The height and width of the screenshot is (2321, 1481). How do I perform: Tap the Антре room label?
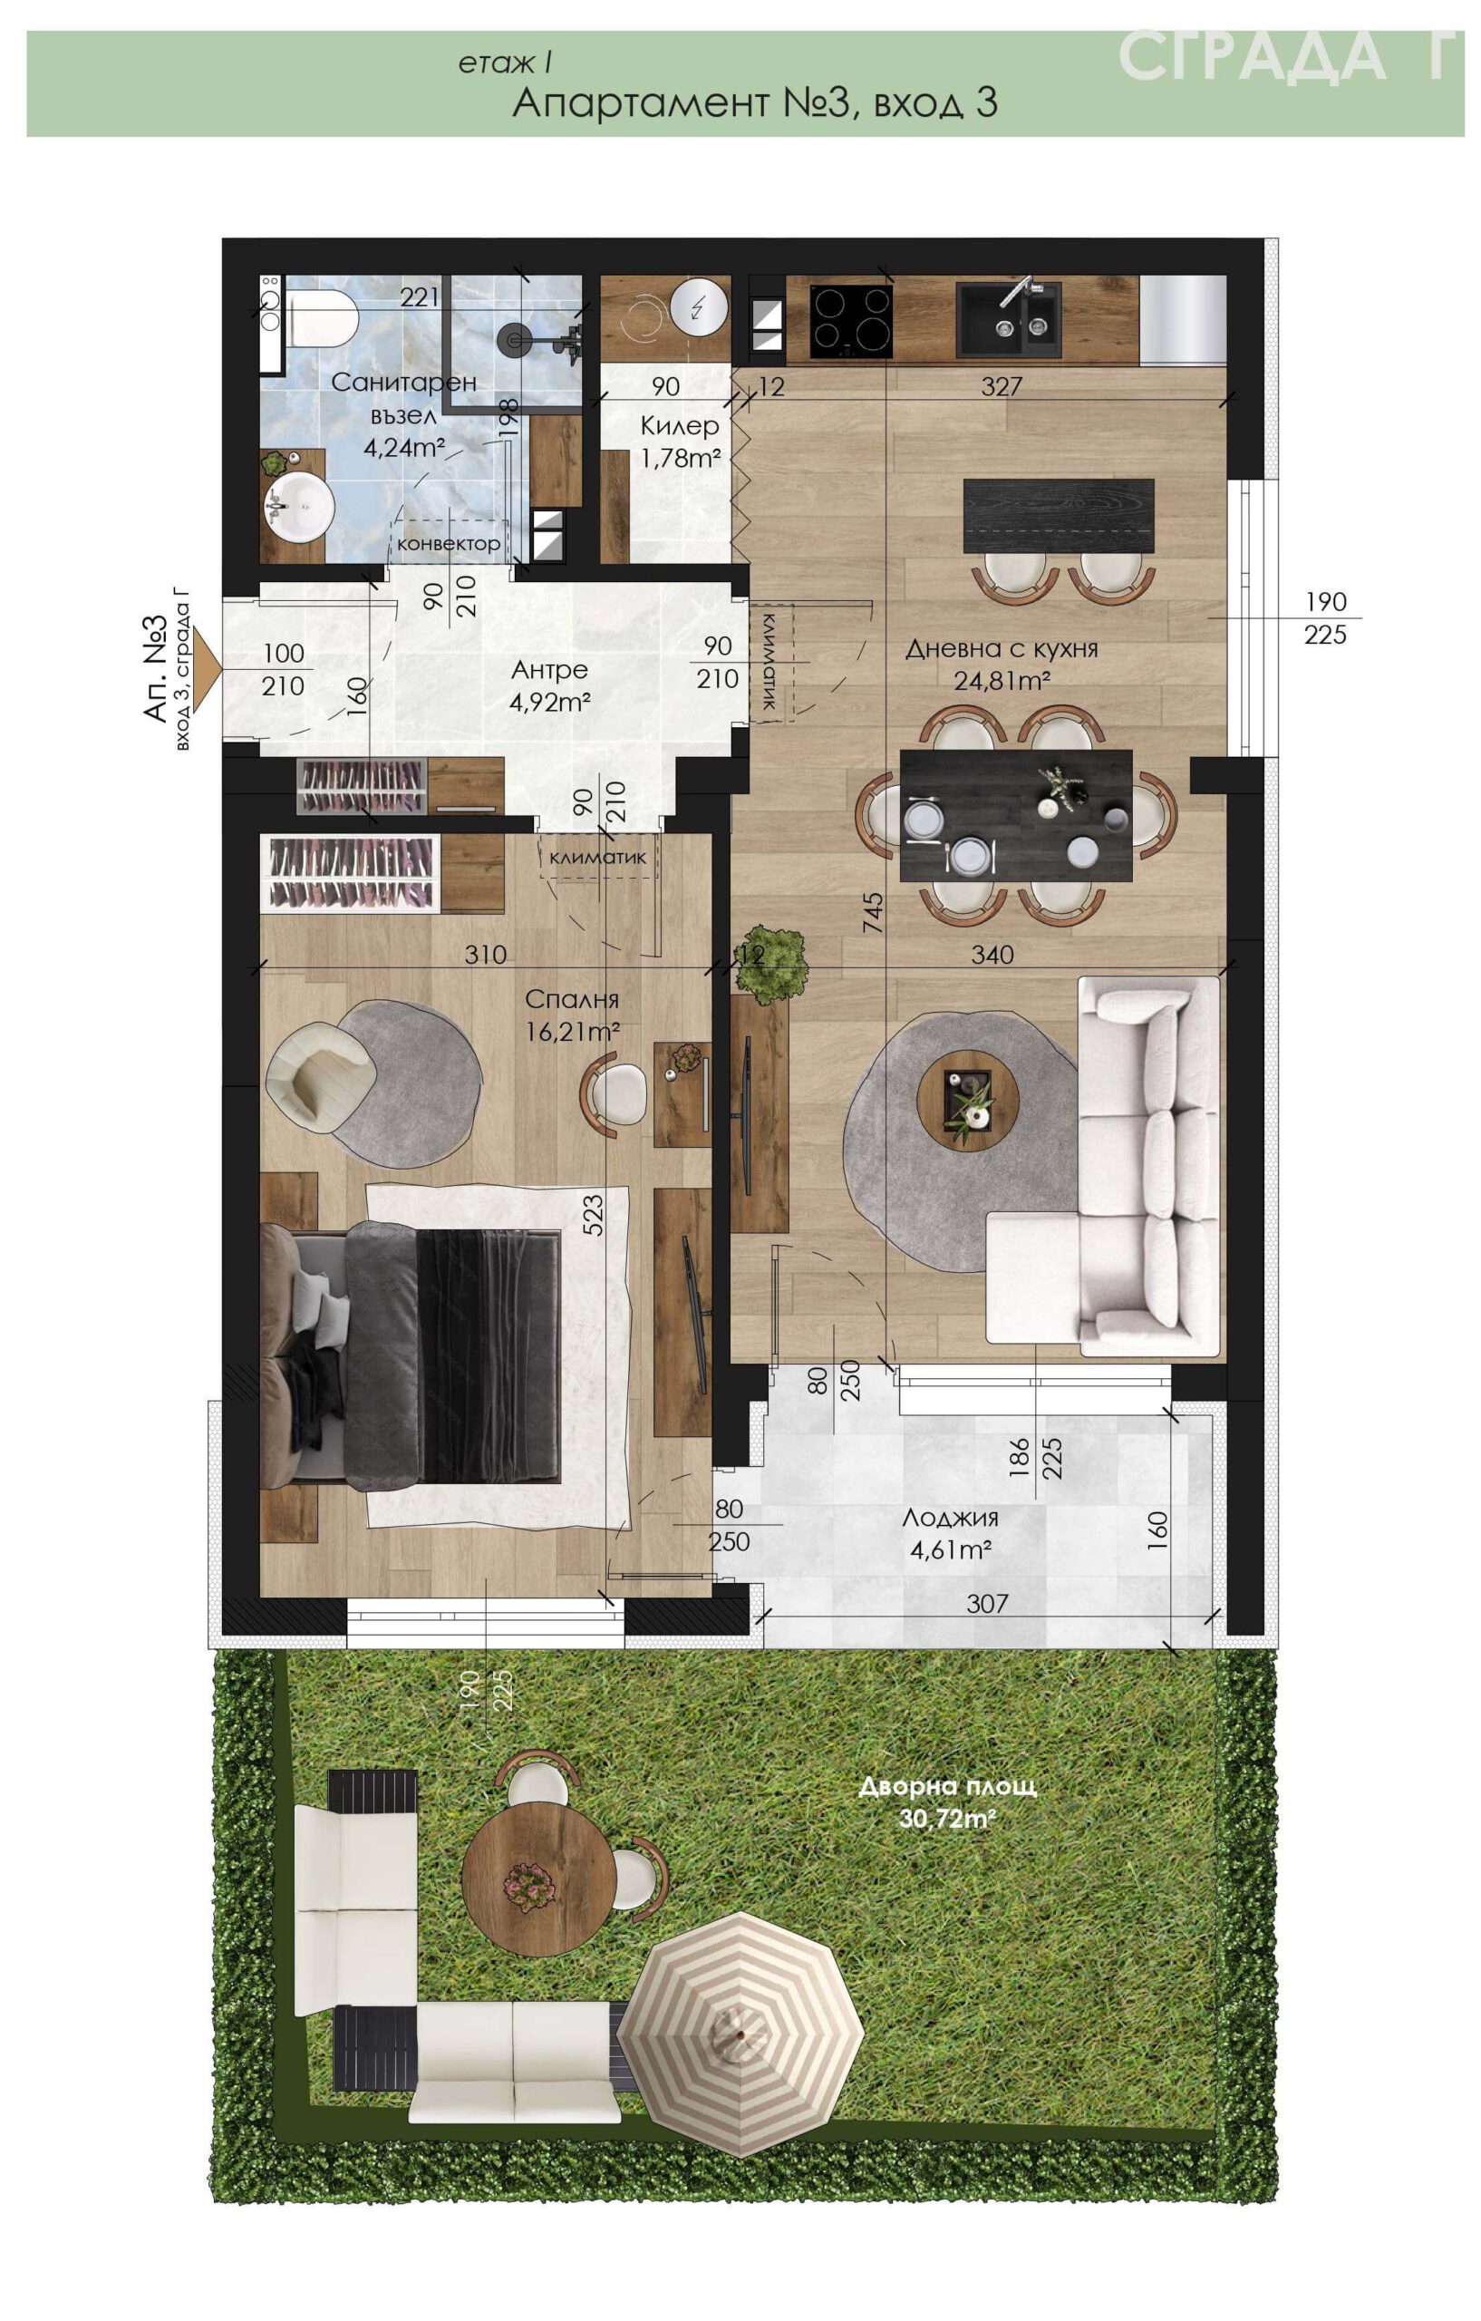[x=549, y=669]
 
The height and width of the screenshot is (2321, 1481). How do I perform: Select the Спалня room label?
[x=572, y=999]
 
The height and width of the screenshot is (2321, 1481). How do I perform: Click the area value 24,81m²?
[x=1002, y=682]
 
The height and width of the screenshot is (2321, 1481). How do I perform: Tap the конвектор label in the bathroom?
[x=448, y=544]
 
